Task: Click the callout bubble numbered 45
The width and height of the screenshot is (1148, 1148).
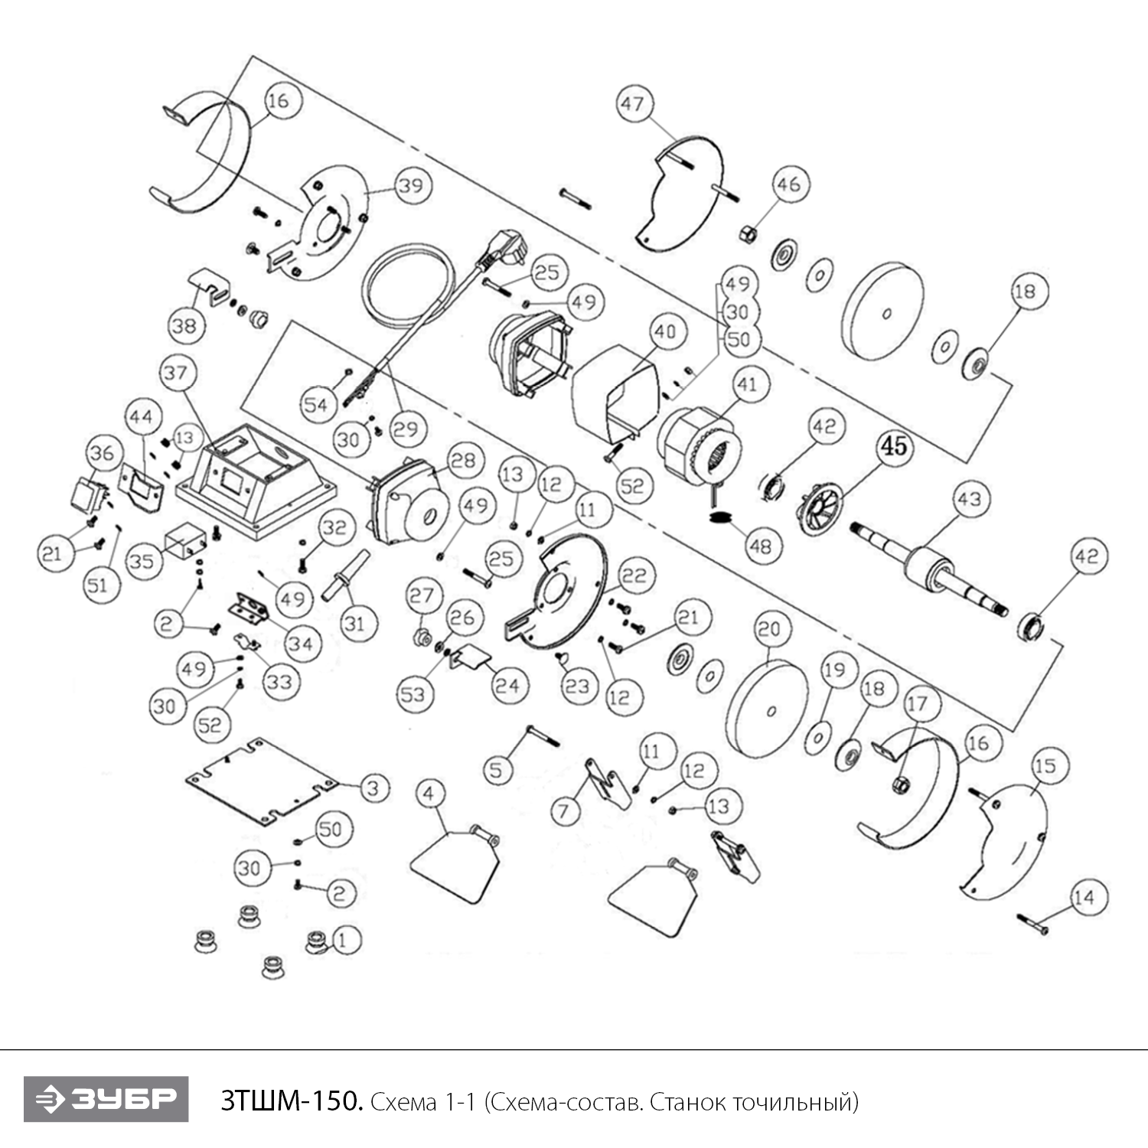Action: [x=894, y=445]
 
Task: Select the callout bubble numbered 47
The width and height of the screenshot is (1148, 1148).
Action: [x=634, y=103]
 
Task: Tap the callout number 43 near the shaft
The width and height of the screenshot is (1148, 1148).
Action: [x=969, y=499]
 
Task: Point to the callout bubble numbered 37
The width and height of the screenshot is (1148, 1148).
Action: [x=175, y=373]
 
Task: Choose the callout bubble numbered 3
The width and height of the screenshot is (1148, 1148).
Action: [x=373, y=788]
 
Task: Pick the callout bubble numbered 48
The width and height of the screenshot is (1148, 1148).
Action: [x=760, y=546]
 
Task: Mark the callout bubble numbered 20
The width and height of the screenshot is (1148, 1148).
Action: [x=769, y=629]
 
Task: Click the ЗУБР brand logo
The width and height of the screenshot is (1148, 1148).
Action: [x=106, y=1099]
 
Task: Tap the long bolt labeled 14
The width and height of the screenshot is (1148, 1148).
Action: [x=1032, y=923]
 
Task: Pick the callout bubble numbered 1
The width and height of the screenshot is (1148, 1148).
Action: [x=342, y=939]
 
